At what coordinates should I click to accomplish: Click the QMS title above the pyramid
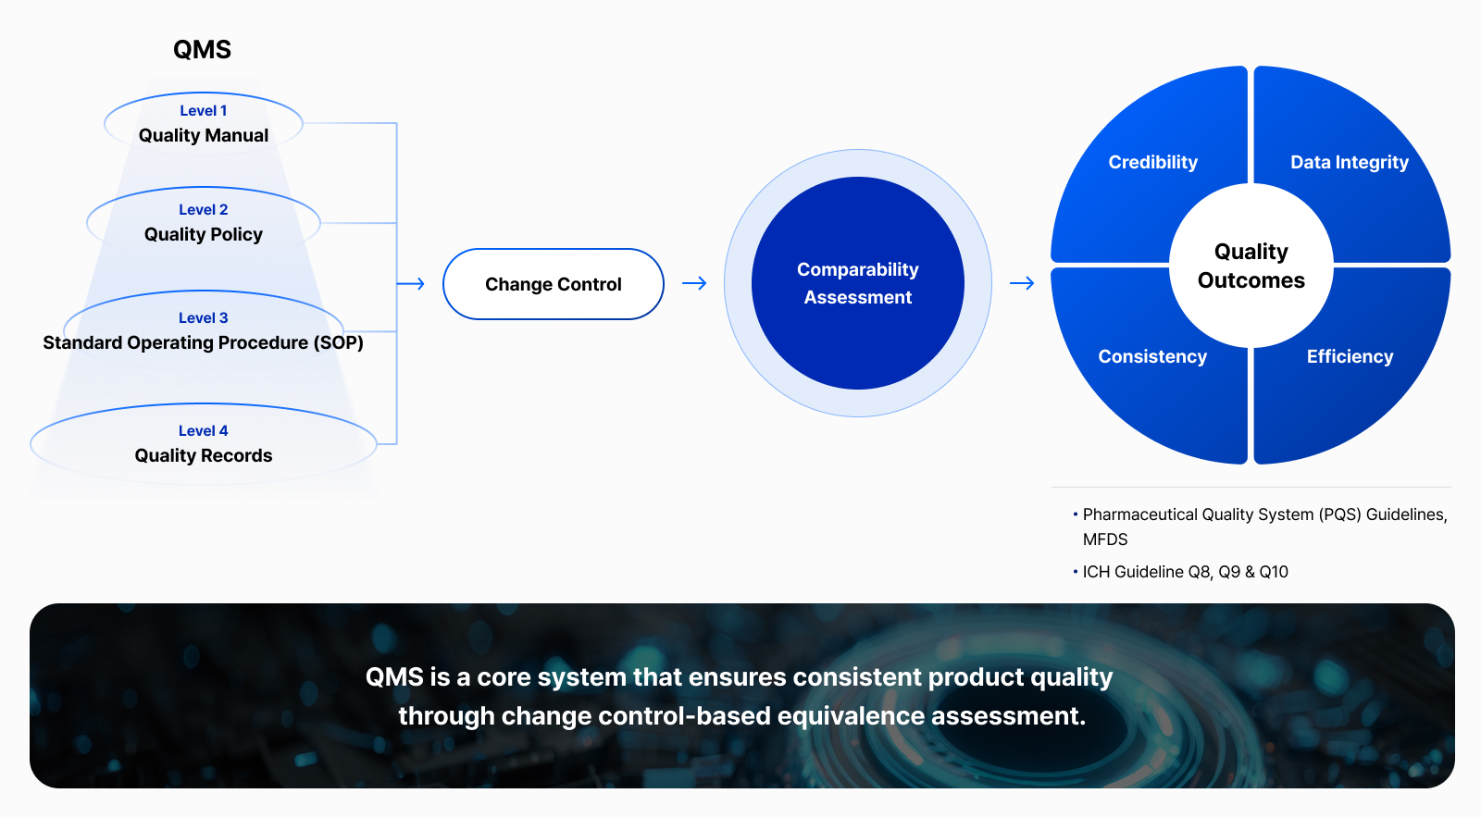203,50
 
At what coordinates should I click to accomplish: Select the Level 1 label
204,110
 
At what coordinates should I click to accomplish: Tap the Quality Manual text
204,135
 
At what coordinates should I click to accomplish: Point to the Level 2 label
204,209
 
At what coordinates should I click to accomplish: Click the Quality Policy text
204,234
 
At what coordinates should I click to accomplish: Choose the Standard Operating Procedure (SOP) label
203,343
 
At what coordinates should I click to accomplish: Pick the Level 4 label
204,431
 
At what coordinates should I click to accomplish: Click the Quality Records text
204,456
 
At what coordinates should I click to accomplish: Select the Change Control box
554,284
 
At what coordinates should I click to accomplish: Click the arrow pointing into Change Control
411,283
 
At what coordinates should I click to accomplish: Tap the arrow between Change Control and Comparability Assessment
694,283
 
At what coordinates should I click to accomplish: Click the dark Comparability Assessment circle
857,283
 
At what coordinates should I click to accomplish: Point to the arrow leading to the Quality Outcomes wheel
1022,283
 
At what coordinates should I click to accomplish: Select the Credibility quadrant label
1153,163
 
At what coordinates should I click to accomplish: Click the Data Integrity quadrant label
1350,163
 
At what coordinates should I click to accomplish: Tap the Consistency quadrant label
1152,357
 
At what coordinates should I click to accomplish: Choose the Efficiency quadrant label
1350,357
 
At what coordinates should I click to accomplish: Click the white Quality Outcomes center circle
1251,266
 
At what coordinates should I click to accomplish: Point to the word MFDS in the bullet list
1105,539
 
